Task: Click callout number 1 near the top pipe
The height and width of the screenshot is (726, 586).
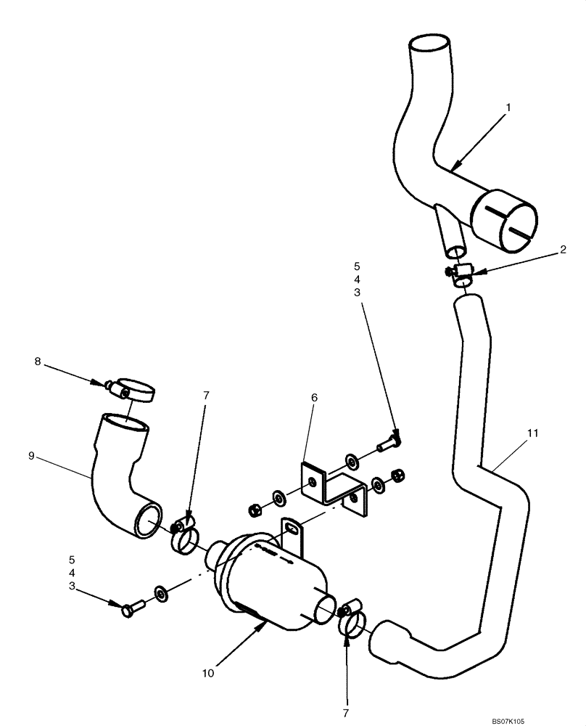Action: (508, 107)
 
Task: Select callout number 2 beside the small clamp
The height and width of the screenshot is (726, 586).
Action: (563, 249)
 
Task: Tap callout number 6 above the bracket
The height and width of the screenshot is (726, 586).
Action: (314, 398)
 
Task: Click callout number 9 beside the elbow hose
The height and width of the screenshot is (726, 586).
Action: (30, 456)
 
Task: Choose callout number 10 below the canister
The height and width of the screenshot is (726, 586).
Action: (209, 673)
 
